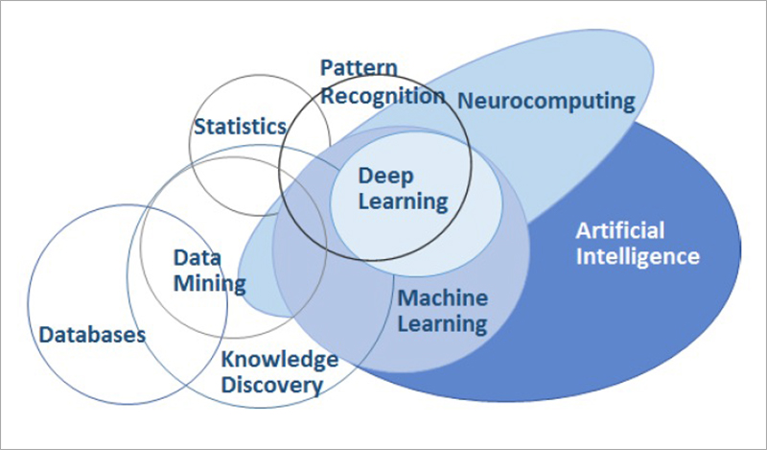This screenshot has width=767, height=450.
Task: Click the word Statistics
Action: (x=241, y=127)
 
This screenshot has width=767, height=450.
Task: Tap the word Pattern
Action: (x=359, y=67)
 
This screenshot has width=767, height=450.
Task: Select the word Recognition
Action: (x=383, y=97)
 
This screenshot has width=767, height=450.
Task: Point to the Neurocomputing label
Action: (x=546, y=102)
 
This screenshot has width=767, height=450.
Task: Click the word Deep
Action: (x=386, y=177)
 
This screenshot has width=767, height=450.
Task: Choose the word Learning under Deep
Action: (x=403, y=201)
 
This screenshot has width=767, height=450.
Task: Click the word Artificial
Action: (x=620, y=230)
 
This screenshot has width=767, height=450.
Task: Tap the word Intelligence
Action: (x=638, y=256)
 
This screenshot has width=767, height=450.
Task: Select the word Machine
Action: (x=443, y=298)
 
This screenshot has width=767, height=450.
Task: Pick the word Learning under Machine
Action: (x=442, y=324)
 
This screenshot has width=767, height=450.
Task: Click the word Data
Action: (x=198, y=258)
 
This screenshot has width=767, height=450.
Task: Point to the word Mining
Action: (x=210, y=284)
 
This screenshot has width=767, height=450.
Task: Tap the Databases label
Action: (x=92, y=335)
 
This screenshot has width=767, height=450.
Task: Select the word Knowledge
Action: (x=280, y=360)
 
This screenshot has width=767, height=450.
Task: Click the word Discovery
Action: (x=272, y=386)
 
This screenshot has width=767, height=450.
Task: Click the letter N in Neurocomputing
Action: (x=465, y=101)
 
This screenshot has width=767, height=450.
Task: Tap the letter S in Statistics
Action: (x=200, y=127)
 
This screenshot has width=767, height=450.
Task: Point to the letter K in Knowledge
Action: (x=228, y=359)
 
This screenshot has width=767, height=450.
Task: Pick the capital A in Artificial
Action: (x=584, y=231)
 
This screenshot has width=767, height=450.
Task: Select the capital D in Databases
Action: (x=47, y=336)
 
